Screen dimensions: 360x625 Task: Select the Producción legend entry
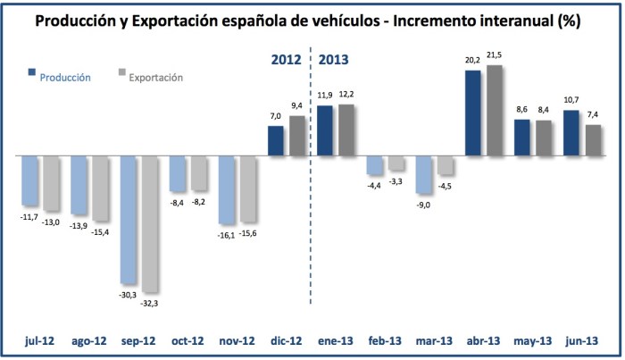[63, 77]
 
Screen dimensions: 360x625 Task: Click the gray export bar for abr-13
[494, 111]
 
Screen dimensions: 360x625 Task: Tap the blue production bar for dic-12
[277, 140]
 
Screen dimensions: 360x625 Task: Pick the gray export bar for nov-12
[249, 188]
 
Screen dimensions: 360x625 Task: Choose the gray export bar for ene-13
[347, 130]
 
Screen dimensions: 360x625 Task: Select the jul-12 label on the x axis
[40, 340]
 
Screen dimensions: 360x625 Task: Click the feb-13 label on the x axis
[385, 340]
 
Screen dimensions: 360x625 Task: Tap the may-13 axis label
[534, 340]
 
